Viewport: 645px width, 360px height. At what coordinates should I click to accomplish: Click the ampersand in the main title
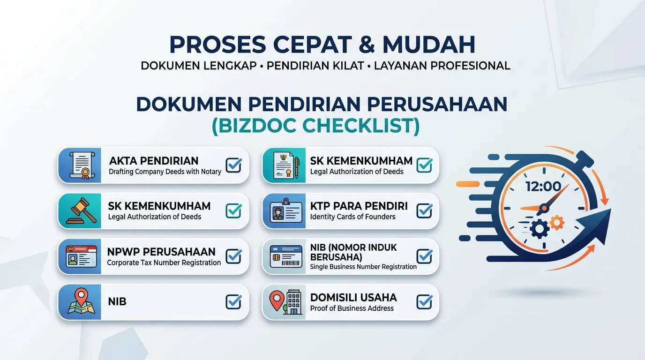[367, 45]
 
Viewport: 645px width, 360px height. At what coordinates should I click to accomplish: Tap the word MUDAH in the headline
[429, 45]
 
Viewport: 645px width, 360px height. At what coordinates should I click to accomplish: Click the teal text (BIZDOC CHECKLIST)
[316, 126]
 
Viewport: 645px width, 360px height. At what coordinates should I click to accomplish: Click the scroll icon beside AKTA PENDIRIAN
[82, 165]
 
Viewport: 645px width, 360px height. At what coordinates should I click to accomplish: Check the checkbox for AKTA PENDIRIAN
[233, 165]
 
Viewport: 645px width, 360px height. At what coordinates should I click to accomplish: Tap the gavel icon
[81, 211]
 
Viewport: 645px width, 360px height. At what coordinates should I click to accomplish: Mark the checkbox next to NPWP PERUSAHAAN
[233, 256]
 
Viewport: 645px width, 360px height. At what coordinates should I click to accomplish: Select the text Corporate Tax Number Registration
[164, 262]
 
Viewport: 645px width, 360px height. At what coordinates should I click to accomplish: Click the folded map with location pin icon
[81, 301]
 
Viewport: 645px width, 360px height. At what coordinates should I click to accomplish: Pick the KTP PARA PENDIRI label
[359, 206]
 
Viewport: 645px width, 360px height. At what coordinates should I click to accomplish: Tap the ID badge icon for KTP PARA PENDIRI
[286, 210]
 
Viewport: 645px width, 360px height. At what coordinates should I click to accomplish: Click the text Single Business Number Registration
[363, 267]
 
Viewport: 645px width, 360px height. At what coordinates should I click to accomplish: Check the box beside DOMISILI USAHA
[424, 301]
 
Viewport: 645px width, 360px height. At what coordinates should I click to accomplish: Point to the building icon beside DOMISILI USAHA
[294, 302]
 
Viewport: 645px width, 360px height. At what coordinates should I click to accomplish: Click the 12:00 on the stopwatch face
[543, 187]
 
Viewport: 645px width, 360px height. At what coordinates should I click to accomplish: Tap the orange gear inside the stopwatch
[556, 223]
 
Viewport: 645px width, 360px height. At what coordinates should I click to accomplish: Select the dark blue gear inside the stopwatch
[540, 229]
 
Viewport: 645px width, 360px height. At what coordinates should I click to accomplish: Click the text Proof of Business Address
[352, 308]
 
